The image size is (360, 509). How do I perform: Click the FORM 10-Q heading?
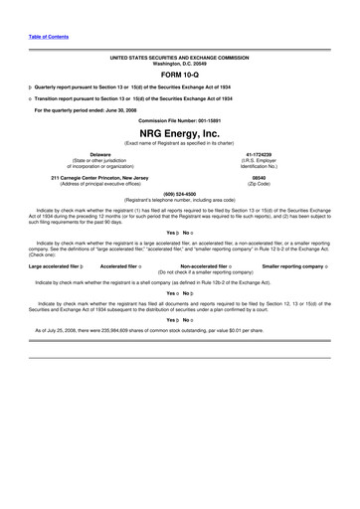[x=180, y=74]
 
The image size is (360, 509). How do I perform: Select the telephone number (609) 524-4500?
[x=180, y=193]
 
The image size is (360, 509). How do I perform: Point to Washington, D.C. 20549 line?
[x=180, y=64]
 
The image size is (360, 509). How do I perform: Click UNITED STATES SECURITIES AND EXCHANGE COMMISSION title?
[x=180, y=58]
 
